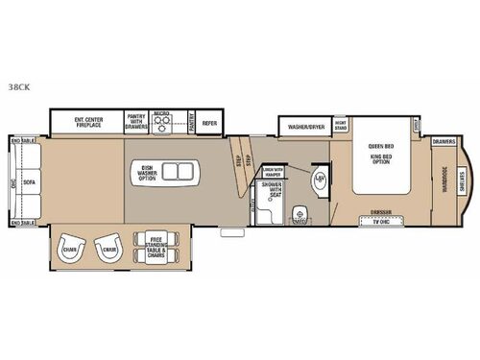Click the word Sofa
(x=29, y=180)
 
